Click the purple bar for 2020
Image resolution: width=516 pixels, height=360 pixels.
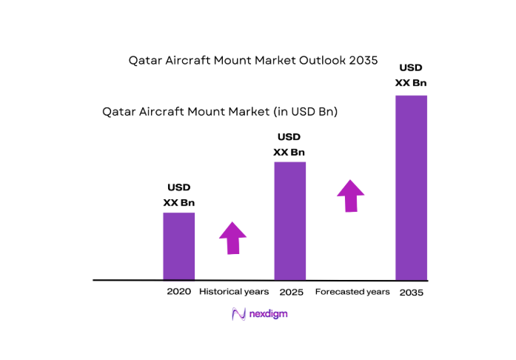click(x=178, y=246)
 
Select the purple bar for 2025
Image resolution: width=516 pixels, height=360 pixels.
click(x=289, y=221)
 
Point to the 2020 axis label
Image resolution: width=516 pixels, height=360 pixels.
click(x=178, y=292)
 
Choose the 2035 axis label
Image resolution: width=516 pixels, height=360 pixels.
click(x=411, y=293)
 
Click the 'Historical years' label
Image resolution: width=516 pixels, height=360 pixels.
click(x=233, y=292)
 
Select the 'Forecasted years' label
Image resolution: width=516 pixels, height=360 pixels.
click(x=352, y=292)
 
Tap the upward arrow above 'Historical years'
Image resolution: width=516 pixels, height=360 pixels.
click(x=232, y=238)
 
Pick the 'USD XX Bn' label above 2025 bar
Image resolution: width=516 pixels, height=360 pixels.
click(x=289, y=145)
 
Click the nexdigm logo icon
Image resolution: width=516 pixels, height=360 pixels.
click(x=238, y=313)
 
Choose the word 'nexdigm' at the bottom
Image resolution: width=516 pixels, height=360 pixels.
click(x=267, y=314)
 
